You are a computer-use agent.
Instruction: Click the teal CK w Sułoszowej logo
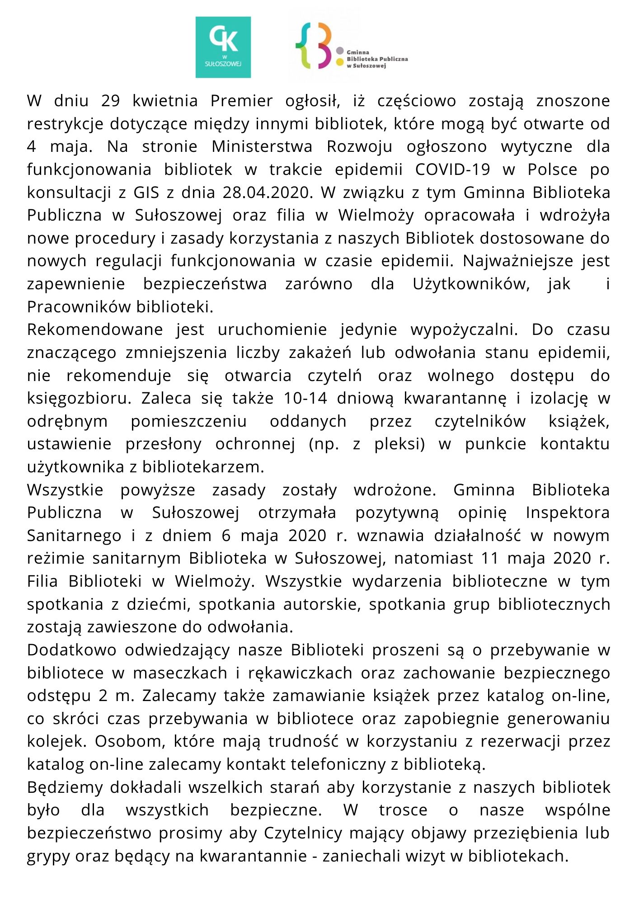(x=223, y=47)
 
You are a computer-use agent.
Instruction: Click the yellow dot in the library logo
(x=339, y=61)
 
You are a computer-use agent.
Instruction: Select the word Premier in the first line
(x=241, y=101)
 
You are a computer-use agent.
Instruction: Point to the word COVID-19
(x=452, y=169)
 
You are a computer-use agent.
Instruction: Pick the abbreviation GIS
(x=146, y=193)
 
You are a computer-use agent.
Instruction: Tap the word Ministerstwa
(x=262, y=147)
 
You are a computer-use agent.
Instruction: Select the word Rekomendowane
(x=95, y=330)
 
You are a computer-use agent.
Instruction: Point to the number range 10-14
(x=305, y=399)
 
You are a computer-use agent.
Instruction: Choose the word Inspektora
(x=568, y=513)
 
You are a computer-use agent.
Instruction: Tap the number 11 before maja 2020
(x=489, y=559)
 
